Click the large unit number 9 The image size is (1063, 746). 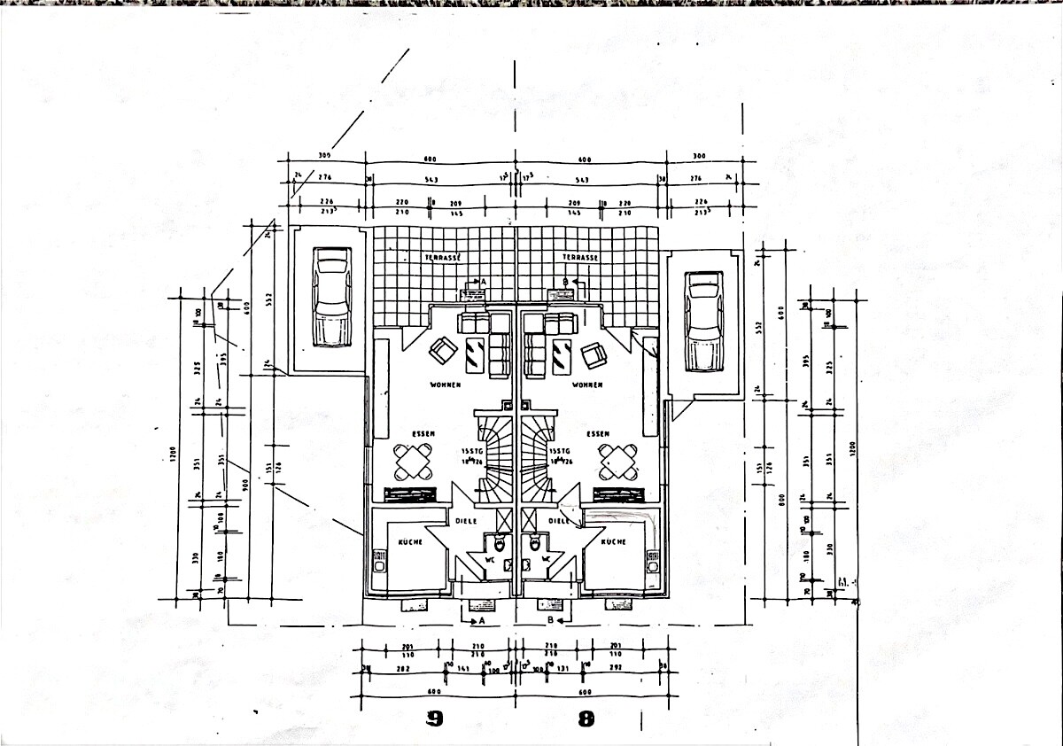click(x=434, y=719)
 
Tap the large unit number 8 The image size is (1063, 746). click(x=586, y=719)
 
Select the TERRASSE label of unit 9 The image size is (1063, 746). click(x=443, y=256)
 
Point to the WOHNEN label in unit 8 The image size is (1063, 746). click(x=587, y=385)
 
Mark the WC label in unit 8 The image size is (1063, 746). click(x=547, y=559)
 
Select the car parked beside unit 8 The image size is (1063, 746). click(x=704, y=322)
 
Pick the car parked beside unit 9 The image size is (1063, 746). click(x=332, y=298)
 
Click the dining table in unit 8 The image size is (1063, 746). click(x=617, y=460)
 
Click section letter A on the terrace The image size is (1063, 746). click(x=484, y=281)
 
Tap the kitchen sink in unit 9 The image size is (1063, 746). click(x=379, y=563)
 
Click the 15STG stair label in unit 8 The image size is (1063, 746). click(x=560, y=451)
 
